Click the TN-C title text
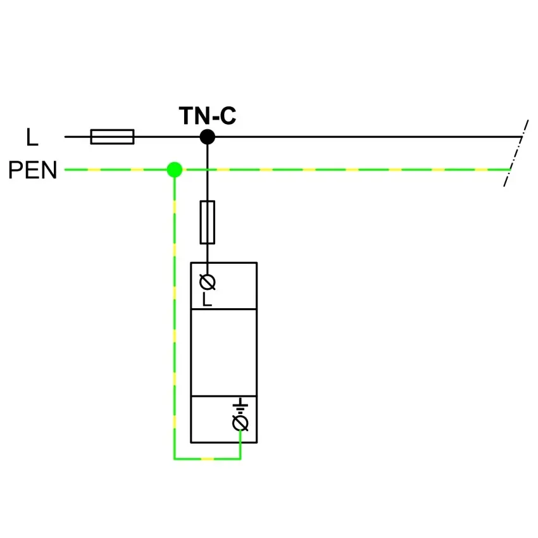tap(208, 116)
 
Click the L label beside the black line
tap(32, 137)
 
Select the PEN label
tap(32, 170)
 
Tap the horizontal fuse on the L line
tap(112, 137)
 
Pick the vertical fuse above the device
tap(207, 222)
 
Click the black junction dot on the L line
tap(207, 137)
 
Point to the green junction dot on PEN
tap(175, 170)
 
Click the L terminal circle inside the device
tap(207, 282)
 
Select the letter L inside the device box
tap(206, 299)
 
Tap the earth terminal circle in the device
tap(240, 423)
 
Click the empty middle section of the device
tap(223, 353)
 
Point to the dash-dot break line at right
tap(516, 153)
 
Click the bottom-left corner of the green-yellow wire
tap(175, 458)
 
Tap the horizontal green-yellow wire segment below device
tap(207, 458)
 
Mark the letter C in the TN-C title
tap(228, 116)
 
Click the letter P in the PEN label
tap(15, 170)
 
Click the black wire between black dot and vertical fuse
tap(207, 173)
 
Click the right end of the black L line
tap(522, 137)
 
